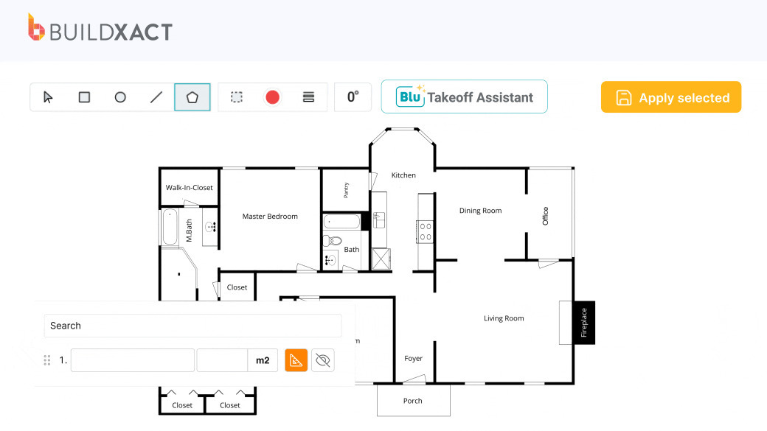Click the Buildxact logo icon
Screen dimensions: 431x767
(36, 27)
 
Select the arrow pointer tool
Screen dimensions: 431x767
(48, 97)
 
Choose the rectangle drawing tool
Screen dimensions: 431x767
(84, 97)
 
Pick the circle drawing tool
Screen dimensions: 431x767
(120, 97)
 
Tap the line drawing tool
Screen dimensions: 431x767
(156, 97)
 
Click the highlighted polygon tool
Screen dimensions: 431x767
(192, 97)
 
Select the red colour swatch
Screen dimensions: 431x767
(272, 97)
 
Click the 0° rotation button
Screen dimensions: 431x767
(353, 97)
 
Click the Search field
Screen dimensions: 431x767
(192, 326)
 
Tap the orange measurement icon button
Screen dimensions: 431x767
(296, 360)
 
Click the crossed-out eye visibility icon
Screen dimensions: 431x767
(322, 360)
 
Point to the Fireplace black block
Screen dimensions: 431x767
(583, 322)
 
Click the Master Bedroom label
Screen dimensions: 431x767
(270, 217)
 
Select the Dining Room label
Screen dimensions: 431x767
(480, 211)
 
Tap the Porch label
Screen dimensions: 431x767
(413, 401)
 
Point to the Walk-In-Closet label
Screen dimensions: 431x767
(189, 188)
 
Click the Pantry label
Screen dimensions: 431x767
(346, 190)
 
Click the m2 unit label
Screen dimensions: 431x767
(263, 360)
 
